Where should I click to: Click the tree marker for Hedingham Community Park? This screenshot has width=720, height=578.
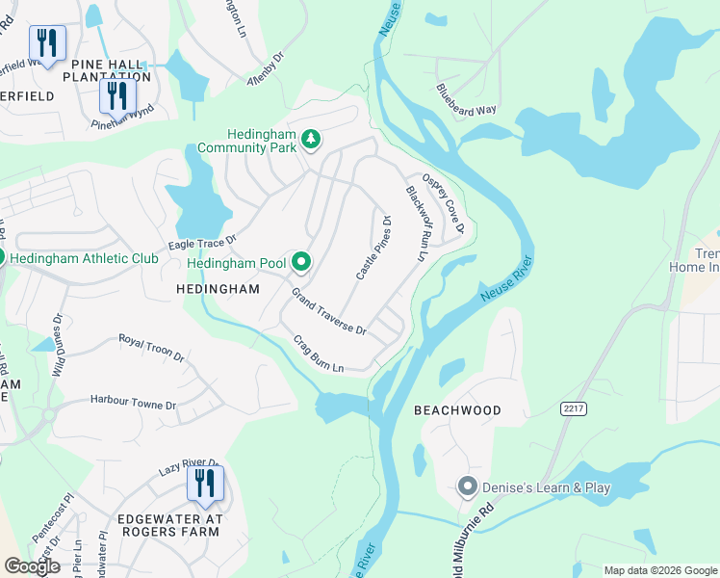pos(311,141)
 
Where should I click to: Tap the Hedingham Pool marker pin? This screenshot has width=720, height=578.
pos(301,262)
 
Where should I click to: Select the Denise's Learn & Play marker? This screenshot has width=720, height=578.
pos(468,487)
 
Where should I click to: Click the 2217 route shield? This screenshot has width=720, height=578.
pos(574,409)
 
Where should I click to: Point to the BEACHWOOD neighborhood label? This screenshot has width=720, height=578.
pos(457,410)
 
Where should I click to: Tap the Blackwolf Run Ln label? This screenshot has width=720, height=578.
pos(416,223)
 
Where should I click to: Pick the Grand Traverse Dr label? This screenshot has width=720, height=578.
pos(329,312)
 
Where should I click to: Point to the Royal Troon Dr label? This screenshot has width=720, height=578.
pos(151,348)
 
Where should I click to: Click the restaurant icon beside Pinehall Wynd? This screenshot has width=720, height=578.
pos(117,95)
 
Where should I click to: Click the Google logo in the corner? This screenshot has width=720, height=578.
pos(32,566)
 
